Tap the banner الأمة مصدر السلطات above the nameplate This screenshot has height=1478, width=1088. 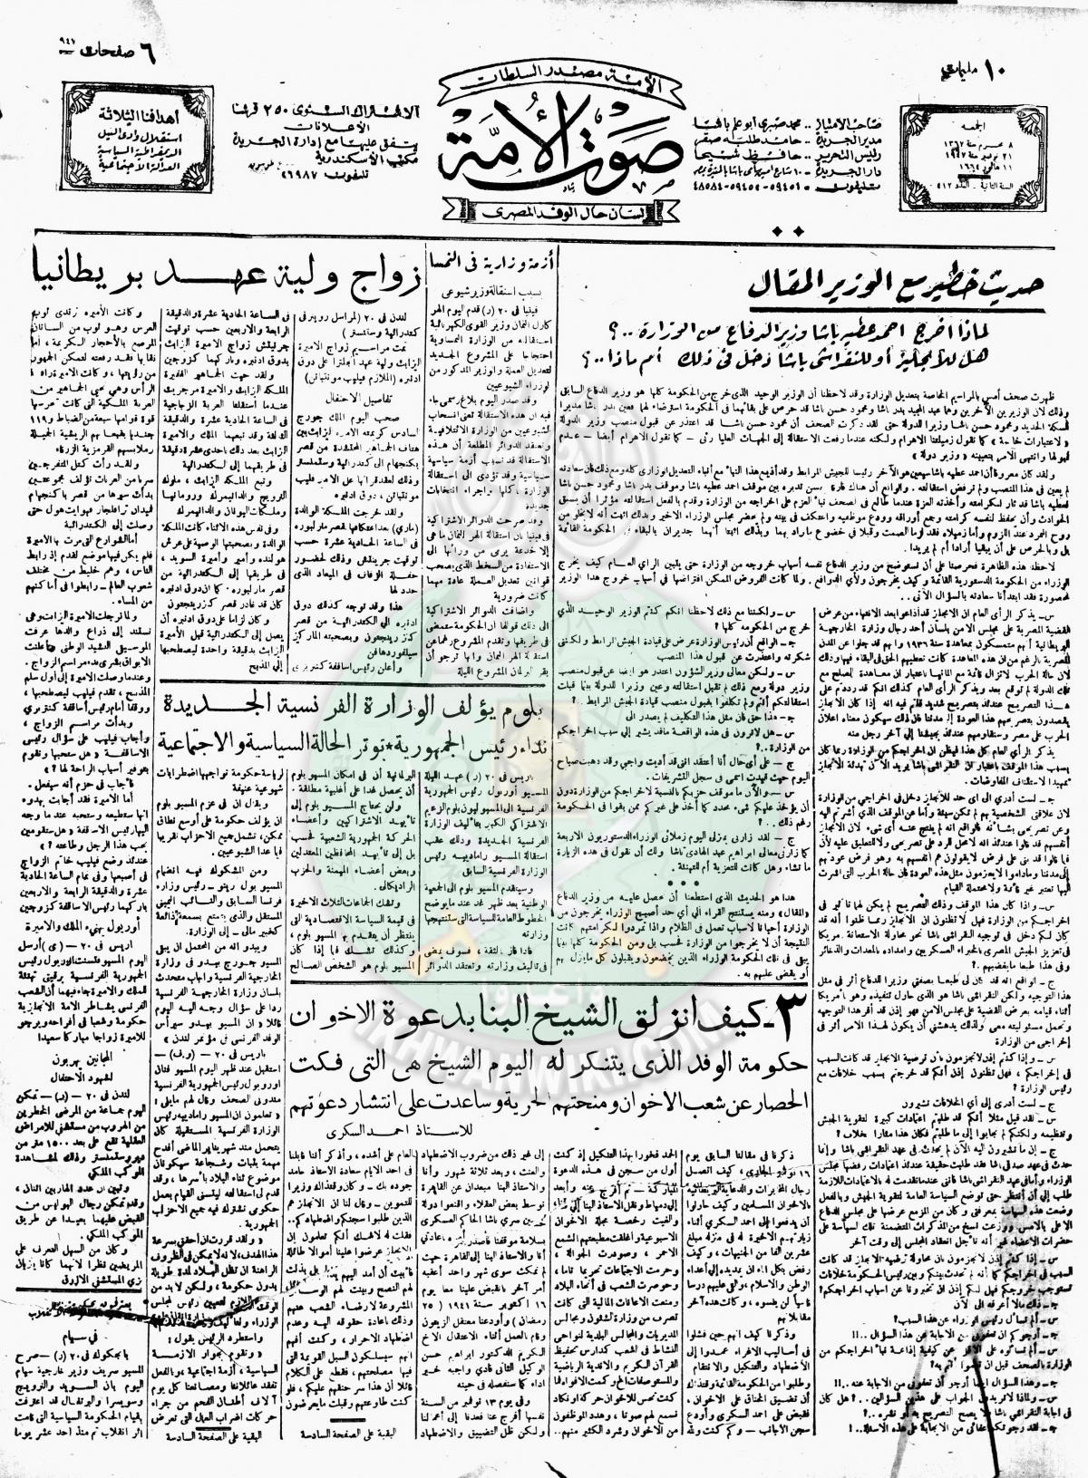[x=544, y=82]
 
